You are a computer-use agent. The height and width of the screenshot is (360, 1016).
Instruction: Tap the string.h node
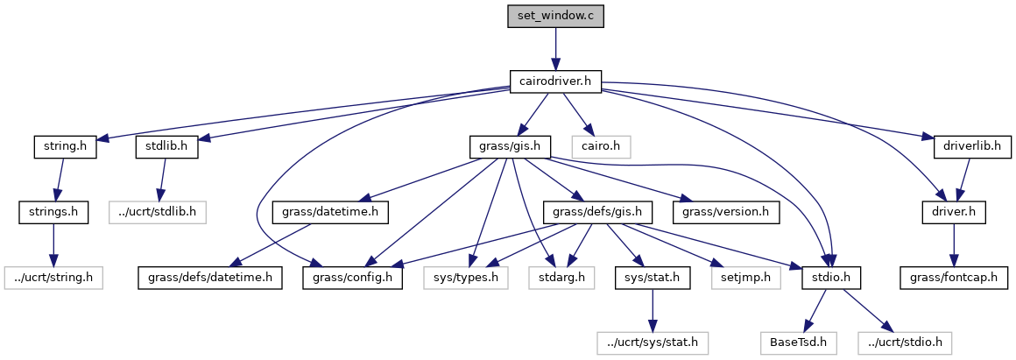coord(64,146)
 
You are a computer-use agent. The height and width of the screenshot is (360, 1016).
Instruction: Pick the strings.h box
coord(53,211)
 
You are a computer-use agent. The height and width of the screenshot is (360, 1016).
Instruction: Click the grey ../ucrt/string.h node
coord(53,278)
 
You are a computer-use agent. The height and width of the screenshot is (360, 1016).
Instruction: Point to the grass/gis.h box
coord(509,146)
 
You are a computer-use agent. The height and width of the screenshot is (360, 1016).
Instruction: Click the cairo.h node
coord(601,146)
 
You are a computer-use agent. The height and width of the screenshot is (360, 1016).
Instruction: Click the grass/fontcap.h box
coord(953,278)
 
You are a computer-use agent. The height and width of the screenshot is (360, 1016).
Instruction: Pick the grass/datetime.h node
coord(330,211)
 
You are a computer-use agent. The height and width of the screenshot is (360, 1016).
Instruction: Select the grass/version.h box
coord(726,211)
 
